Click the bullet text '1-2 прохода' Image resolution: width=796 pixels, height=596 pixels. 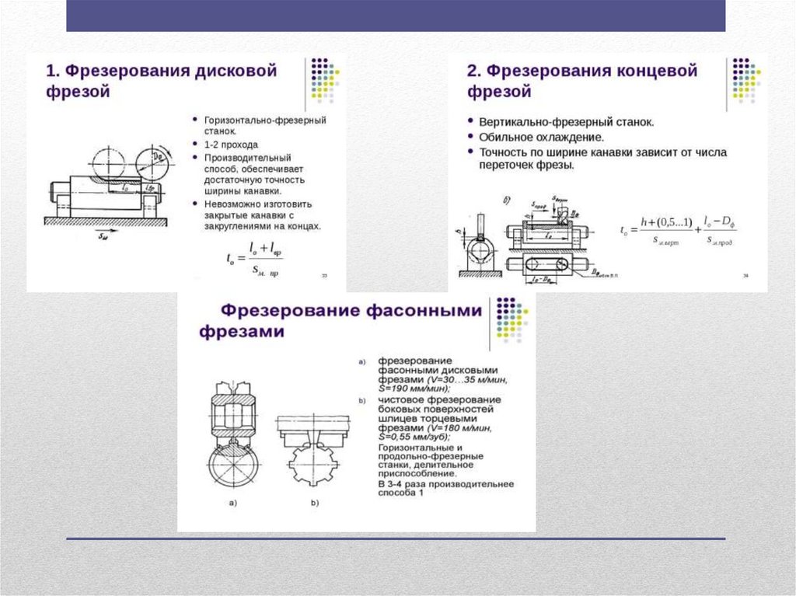pos(231,145)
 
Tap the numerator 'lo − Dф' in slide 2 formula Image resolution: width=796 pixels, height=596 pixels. pos(720,222)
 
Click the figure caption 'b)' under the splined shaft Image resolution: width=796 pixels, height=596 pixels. pos(315,504)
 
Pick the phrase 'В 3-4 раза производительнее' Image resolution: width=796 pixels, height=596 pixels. pos(445,484)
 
